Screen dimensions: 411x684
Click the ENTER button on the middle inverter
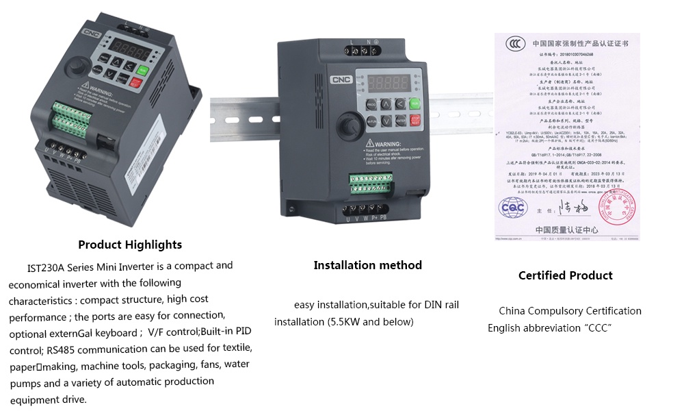401,121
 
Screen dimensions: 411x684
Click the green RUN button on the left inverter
142,70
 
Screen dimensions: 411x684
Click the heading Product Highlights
130,245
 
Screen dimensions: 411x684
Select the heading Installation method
367,265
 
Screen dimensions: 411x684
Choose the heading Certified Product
565,275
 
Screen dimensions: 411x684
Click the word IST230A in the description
47,266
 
